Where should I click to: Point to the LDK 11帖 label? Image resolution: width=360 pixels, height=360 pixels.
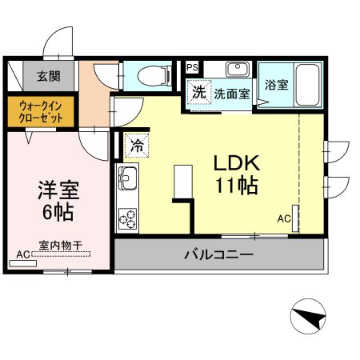pyautogui.click(x=234, y=174)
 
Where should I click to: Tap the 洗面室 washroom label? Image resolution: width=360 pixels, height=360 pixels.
pyautogui.click(x=231, y=93)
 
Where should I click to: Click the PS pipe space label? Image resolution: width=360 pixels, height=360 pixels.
pyautogui.click(x=193, y=66)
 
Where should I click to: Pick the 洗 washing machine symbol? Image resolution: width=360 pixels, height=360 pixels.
pyautogui.click(x=198, y=91)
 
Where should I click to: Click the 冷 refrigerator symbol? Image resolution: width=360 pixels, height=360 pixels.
pyautogui.click(x=137, y=146)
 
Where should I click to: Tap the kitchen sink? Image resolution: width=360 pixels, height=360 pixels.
pyautogui.click(x=127, y=175)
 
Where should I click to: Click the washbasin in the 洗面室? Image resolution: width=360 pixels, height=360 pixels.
pyautogui.click(x=237, y=70)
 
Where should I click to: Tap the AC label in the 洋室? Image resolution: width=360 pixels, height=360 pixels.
pyautogui.click(x=22, y=254)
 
